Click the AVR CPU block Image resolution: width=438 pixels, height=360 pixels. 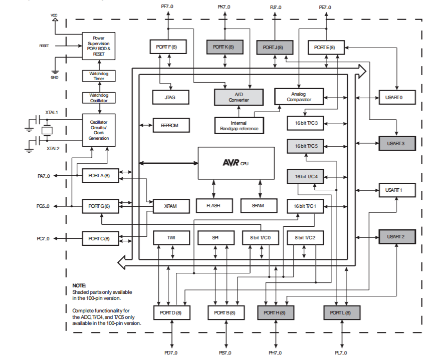click(x=236, y=163)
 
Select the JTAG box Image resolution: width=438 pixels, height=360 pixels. click(x=170, y=97)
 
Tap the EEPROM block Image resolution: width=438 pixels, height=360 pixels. click(x=171, y=125)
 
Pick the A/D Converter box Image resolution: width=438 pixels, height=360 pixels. click(x=239, y=97)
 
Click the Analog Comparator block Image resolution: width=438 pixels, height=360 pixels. click(x=299, y=97)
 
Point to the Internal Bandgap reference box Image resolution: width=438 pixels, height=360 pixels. click(x=239, y=126)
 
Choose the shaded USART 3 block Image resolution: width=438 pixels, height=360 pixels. click(x=397, y=143)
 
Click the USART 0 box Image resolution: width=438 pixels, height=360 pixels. click(x=397, y=97)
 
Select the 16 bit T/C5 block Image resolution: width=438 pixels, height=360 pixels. click(x=305, y=146)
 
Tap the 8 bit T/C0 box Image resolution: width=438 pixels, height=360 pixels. click(x=260, y=238)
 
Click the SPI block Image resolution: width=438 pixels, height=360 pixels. click(x=215, y=238)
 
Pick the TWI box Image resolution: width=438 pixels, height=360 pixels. click(x=171, y=238)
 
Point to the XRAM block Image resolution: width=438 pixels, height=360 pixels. click(x=171, y=206)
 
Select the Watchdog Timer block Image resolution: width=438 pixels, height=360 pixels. click(x=99, y=76)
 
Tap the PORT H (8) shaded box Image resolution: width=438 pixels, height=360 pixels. click(x=275, y=313)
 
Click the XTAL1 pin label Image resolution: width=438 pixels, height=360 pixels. click(x=52, y=113)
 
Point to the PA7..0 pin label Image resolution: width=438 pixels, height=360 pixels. click(x=44, y=176)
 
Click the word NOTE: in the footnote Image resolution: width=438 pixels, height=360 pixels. click(x=79, y=285)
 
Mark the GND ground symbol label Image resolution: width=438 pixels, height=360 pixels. click(x=55, y=77)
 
